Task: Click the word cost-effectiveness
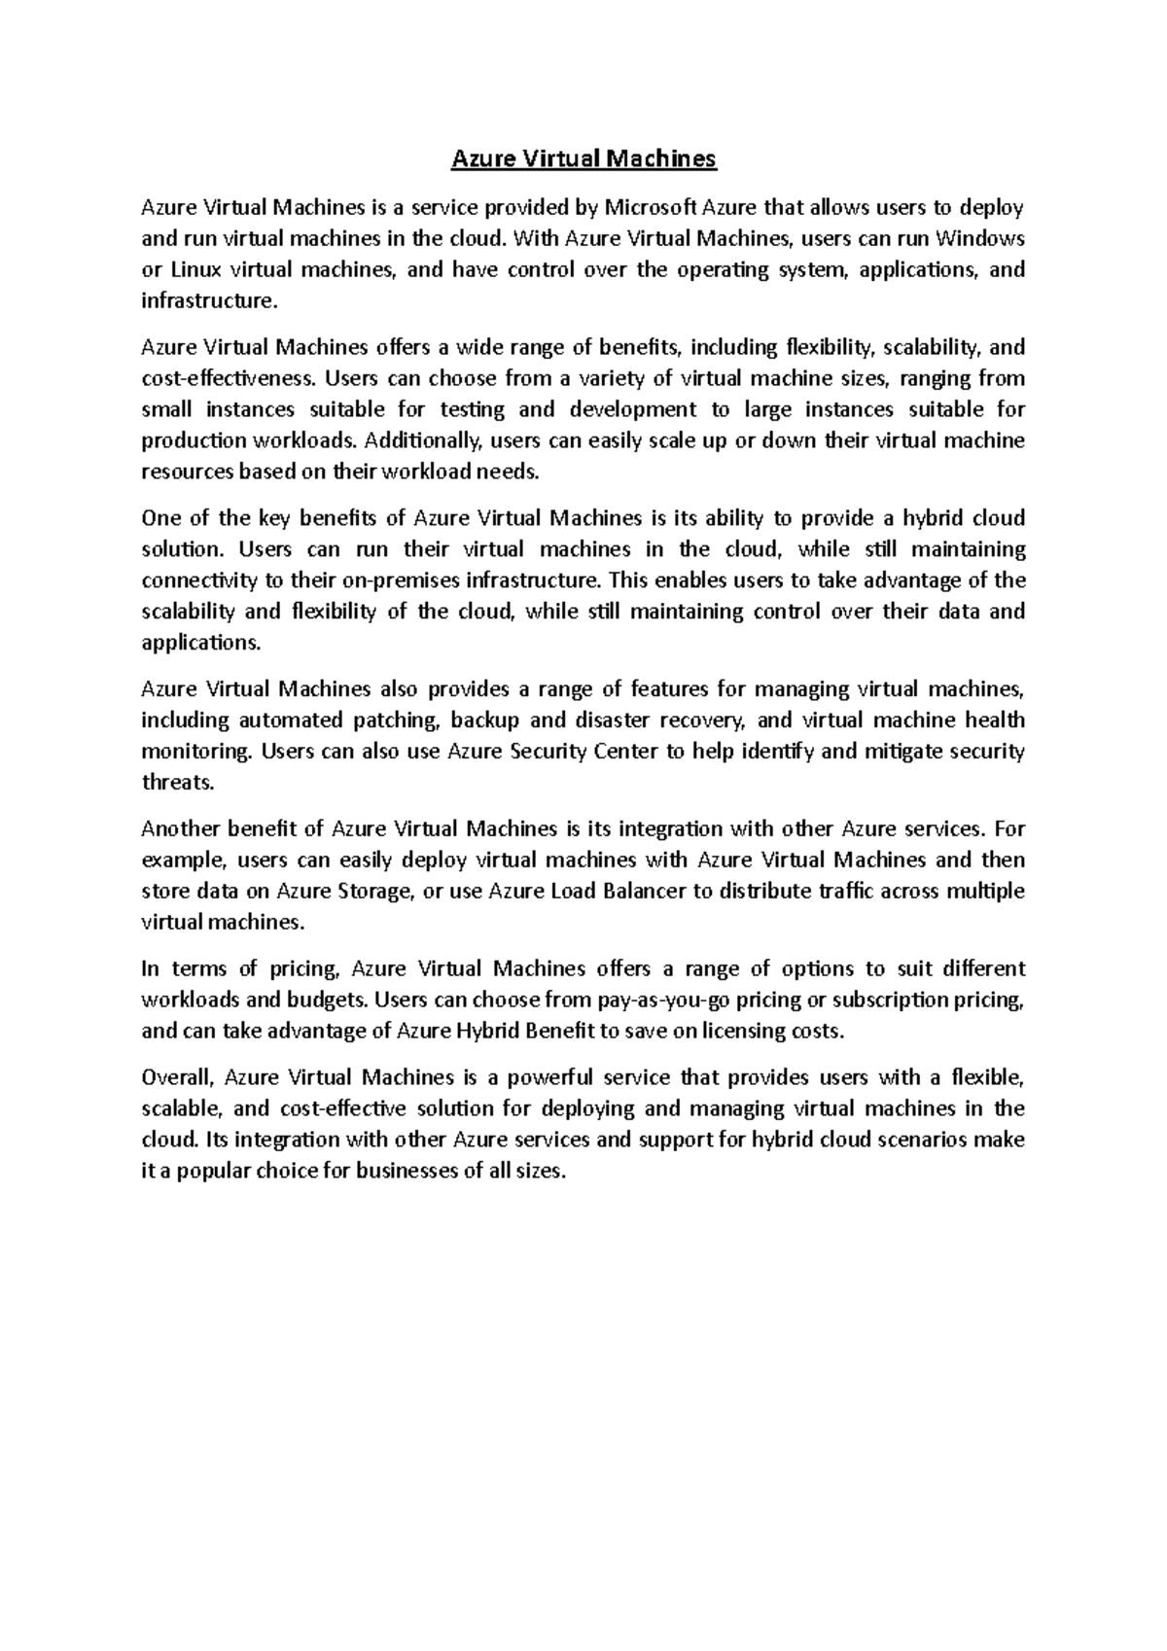coord(229,378)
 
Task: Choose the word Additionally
coord(427,440)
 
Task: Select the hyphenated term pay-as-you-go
coord(660,1001)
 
